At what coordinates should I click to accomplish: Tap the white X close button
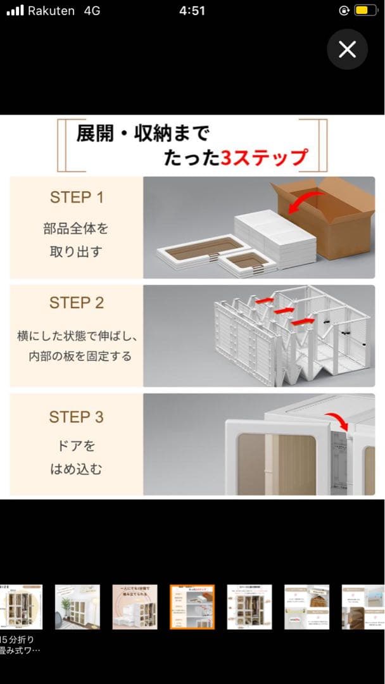coord(347,49)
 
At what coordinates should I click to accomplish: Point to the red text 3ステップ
coord(264,158)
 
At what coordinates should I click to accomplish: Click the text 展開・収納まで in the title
coord(142,134)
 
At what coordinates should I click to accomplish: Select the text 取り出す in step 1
coord(76,251)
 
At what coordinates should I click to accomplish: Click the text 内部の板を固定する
coord(80,356)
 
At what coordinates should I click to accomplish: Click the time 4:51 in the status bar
coord(192,11)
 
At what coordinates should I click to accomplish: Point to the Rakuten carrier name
coord(51,11)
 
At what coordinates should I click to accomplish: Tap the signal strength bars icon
coord(15,11)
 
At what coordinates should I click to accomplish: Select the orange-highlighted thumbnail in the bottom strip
coord(192,607)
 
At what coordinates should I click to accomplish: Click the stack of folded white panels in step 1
coord(275,232)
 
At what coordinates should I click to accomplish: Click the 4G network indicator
coord(92,11)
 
